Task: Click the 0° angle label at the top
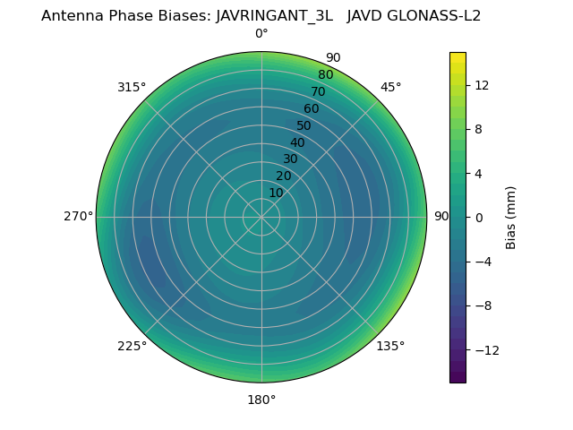click(x=261, y=34)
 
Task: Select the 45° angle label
click(x=390, y=87)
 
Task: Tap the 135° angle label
click(x=390, y=346)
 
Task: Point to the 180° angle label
click(x=261, y=400)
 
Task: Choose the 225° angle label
click(x=132, y=346)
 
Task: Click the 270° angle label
click(x=78, y=217)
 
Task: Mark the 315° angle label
click(x=132, y=87)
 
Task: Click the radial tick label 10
click(x=276, y=193)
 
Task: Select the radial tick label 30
click(x=290, y=159)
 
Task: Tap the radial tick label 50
click(x=304, y=125)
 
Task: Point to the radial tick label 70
click(x=319, y=91)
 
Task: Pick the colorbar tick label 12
click(x=481, y=84)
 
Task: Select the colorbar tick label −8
click(x=482, y=305)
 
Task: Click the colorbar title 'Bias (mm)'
click(x=511, y=217)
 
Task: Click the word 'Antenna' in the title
click(x=71, y=15)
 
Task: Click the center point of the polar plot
click(x=261, y=217)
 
